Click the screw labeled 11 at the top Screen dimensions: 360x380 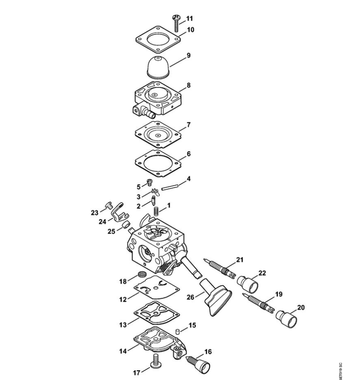coord(176,23)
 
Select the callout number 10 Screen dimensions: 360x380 coord(191,30)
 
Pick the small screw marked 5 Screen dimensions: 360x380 coord(150,182)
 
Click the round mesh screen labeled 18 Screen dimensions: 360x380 coord(142,274)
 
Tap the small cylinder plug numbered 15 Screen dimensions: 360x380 coord(177,331)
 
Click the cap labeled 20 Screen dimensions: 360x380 coord(286,319)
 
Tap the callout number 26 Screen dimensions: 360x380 coord(191,297)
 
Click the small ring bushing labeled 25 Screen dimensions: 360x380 coord(126,225)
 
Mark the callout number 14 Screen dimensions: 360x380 coord(123,351)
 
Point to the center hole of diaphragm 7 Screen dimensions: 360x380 coord(158,135)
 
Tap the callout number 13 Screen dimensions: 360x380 coord(123,325)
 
